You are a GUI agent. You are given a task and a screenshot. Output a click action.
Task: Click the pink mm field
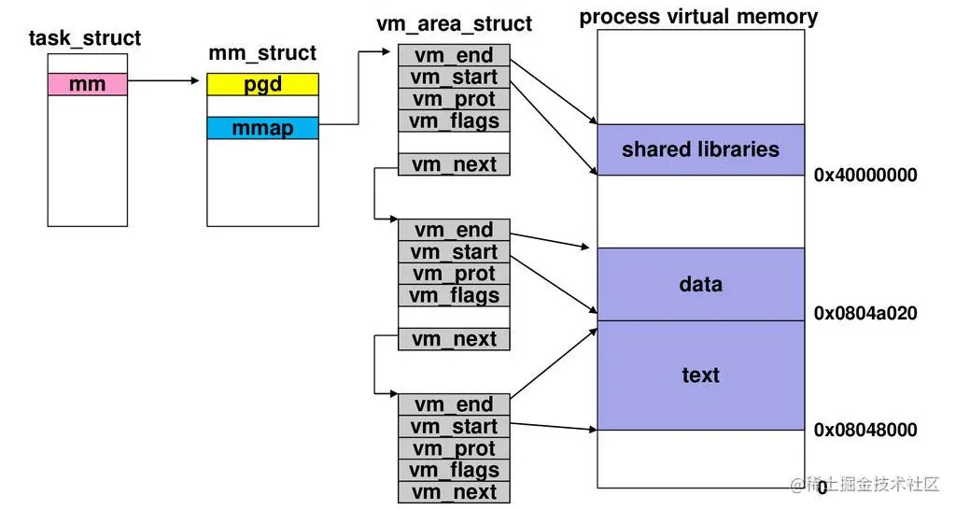click(x=88, y=84)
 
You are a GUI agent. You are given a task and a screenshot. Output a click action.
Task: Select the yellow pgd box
click(x=262, y=84)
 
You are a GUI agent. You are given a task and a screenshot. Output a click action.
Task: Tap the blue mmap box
click(x=262, y=128)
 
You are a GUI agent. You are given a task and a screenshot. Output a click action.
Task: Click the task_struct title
click(x=85, y=38)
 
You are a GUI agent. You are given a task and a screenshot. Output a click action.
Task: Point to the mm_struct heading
click(x=262, y=53)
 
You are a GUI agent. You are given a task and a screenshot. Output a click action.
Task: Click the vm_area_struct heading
click(x=455, y=23)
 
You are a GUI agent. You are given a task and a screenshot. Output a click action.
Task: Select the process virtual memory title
click(x=698, y=17)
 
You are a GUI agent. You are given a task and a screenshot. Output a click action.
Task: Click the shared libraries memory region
click(x=700, y=150)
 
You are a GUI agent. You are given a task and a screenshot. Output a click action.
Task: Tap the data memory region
click(x=700, y=284)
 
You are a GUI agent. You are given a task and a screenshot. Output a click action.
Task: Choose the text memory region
click(x=700, y=375)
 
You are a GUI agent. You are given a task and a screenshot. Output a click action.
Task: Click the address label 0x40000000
click(x=865, y=175)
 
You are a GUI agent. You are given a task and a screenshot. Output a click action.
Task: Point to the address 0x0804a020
click(x=865, y=314)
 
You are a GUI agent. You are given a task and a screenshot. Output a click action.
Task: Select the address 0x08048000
click(x=865, y=430)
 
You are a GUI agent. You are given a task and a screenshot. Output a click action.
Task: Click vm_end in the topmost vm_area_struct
click(x=455, y=55)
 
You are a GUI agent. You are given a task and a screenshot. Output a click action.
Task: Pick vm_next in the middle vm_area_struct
click(x=455, y=339)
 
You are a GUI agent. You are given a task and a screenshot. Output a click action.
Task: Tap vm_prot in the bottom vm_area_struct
click(x=455, y=448)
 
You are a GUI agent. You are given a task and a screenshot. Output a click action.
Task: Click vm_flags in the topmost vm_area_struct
click(x=455, y=120)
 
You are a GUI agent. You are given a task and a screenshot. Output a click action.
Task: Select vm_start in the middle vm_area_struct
click(x=455, y=252)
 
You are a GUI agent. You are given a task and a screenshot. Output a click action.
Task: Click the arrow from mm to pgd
click(x=163, y=80)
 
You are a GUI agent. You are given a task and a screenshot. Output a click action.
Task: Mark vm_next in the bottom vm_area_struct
click(x=455, y=492)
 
